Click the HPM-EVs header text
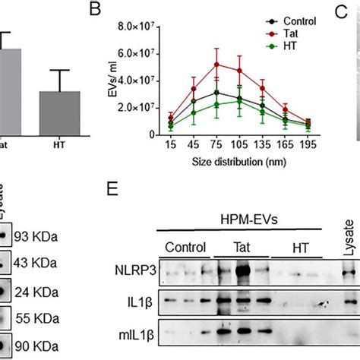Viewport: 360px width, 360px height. point(248,218)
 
